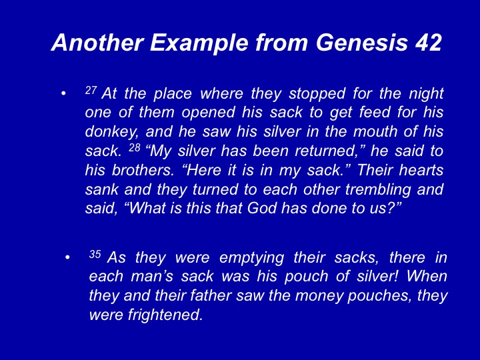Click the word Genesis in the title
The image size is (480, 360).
tap(362, 42)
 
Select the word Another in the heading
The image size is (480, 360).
tap(97, 42)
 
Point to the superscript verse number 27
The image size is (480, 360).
tap(91, 90)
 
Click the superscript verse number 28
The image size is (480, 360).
tap(135, 148)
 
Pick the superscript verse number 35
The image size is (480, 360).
tap(95, 254)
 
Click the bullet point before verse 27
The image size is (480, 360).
tap(63, 94)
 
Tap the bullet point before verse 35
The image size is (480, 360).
tap(67, 257)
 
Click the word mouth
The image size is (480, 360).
tap(374, 131)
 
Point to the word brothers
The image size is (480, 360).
tap(143, 170)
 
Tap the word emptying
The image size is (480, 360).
tap(251, 258)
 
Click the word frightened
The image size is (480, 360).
tap(165, 315)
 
